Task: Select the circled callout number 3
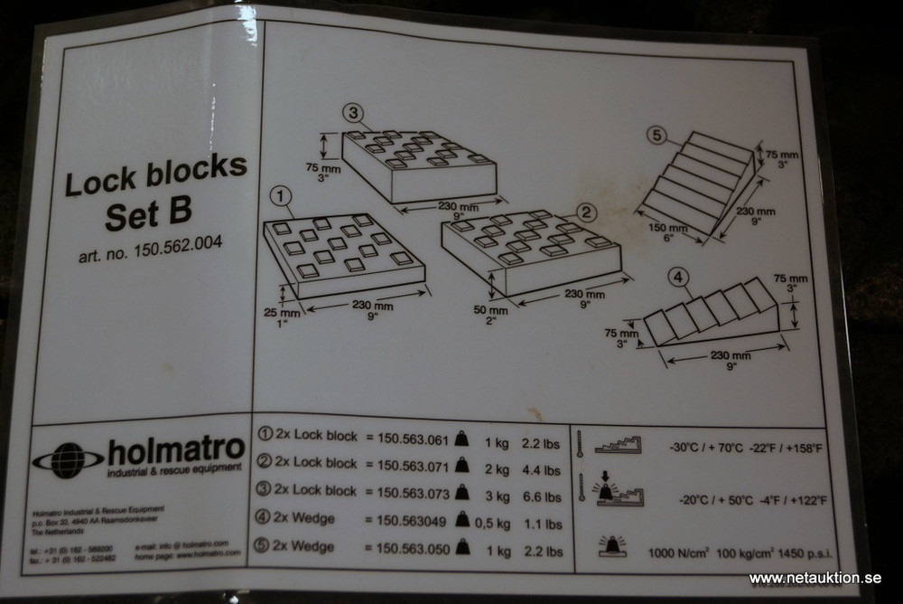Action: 354,115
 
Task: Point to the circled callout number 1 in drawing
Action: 282,193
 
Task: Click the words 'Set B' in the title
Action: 147,214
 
